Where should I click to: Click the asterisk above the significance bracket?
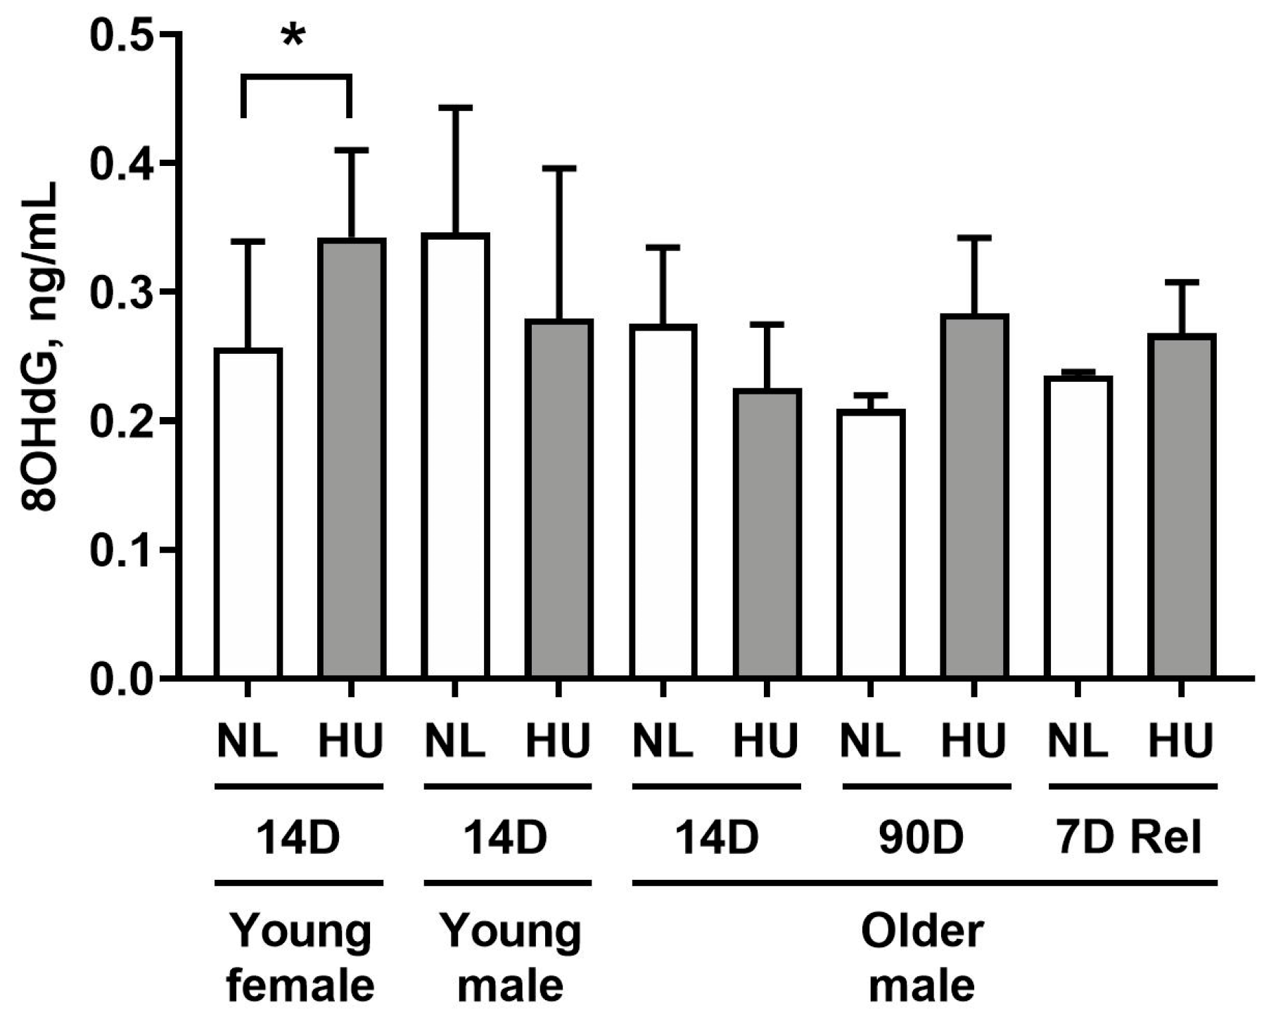pyautogui.click(x=293, y=37)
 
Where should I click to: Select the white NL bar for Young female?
pyautogui.click(x=248, y=513)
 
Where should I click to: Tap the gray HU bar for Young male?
pyautogui.click(x=559, y=499)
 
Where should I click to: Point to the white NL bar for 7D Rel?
pyautogui.click(x=1078, y=527)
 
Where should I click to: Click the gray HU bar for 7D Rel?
pyautogui.click(x=1182, y=506)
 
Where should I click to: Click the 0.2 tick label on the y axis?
pyautogui.click(x=121, y=421)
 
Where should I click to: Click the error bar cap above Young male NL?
pyautogui.click(x=456, y=108)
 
